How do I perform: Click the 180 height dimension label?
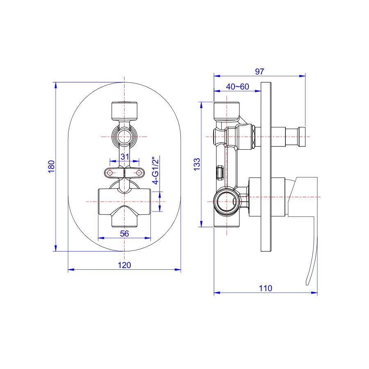click(x=51, y=166)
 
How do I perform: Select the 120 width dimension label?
click(x=124, y=265)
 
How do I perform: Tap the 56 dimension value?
click(x=125, y=233)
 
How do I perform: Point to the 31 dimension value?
click(x=125, y=157)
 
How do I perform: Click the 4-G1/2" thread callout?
click(x=156, y=171)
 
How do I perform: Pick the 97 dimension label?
click(x=260, y=71)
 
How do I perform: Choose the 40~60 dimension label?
click(x=237, y=87)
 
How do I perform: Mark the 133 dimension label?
click(x=197, y=164)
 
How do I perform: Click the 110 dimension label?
click(x=265, y=288)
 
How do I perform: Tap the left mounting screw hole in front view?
click(x=110, y=173)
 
